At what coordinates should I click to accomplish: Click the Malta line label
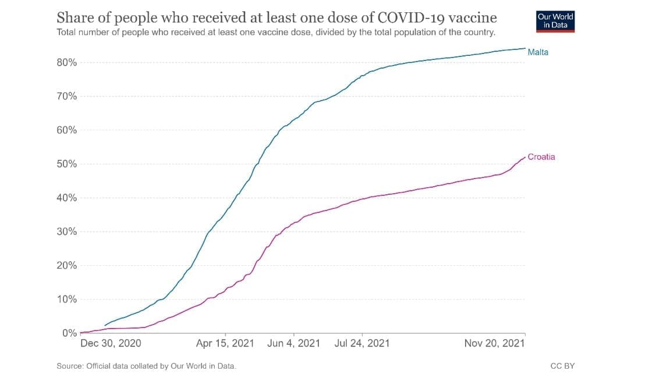coord(537,52)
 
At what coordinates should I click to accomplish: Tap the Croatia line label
coord(541,157)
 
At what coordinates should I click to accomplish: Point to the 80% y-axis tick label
coord(66,63)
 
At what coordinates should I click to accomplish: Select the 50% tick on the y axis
coord(66,164)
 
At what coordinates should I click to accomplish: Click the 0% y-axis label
coord(69,333)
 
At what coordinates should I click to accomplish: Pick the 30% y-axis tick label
coord(66,232)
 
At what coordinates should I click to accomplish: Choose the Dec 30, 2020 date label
coord(111,344)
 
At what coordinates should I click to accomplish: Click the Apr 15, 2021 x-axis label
coord(225,344)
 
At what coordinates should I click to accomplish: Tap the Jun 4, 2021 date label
coord(293,344)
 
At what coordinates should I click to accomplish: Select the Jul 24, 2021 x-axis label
coord(362,344)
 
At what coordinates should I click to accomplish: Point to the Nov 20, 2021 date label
coord(494,344)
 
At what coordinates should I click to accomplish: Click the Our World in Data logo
coord(555,21)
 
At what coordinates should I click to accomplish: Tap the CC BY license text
coord(562,366)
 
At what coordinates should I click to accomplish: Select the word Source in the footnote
coord(70,366)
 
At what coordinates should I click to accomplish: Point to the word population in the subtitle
coord(420,32)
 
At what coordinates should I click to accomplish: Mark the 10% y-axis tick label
coord(66,299)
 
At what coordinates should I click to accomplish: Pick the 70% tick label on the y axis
coord(66,97)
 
